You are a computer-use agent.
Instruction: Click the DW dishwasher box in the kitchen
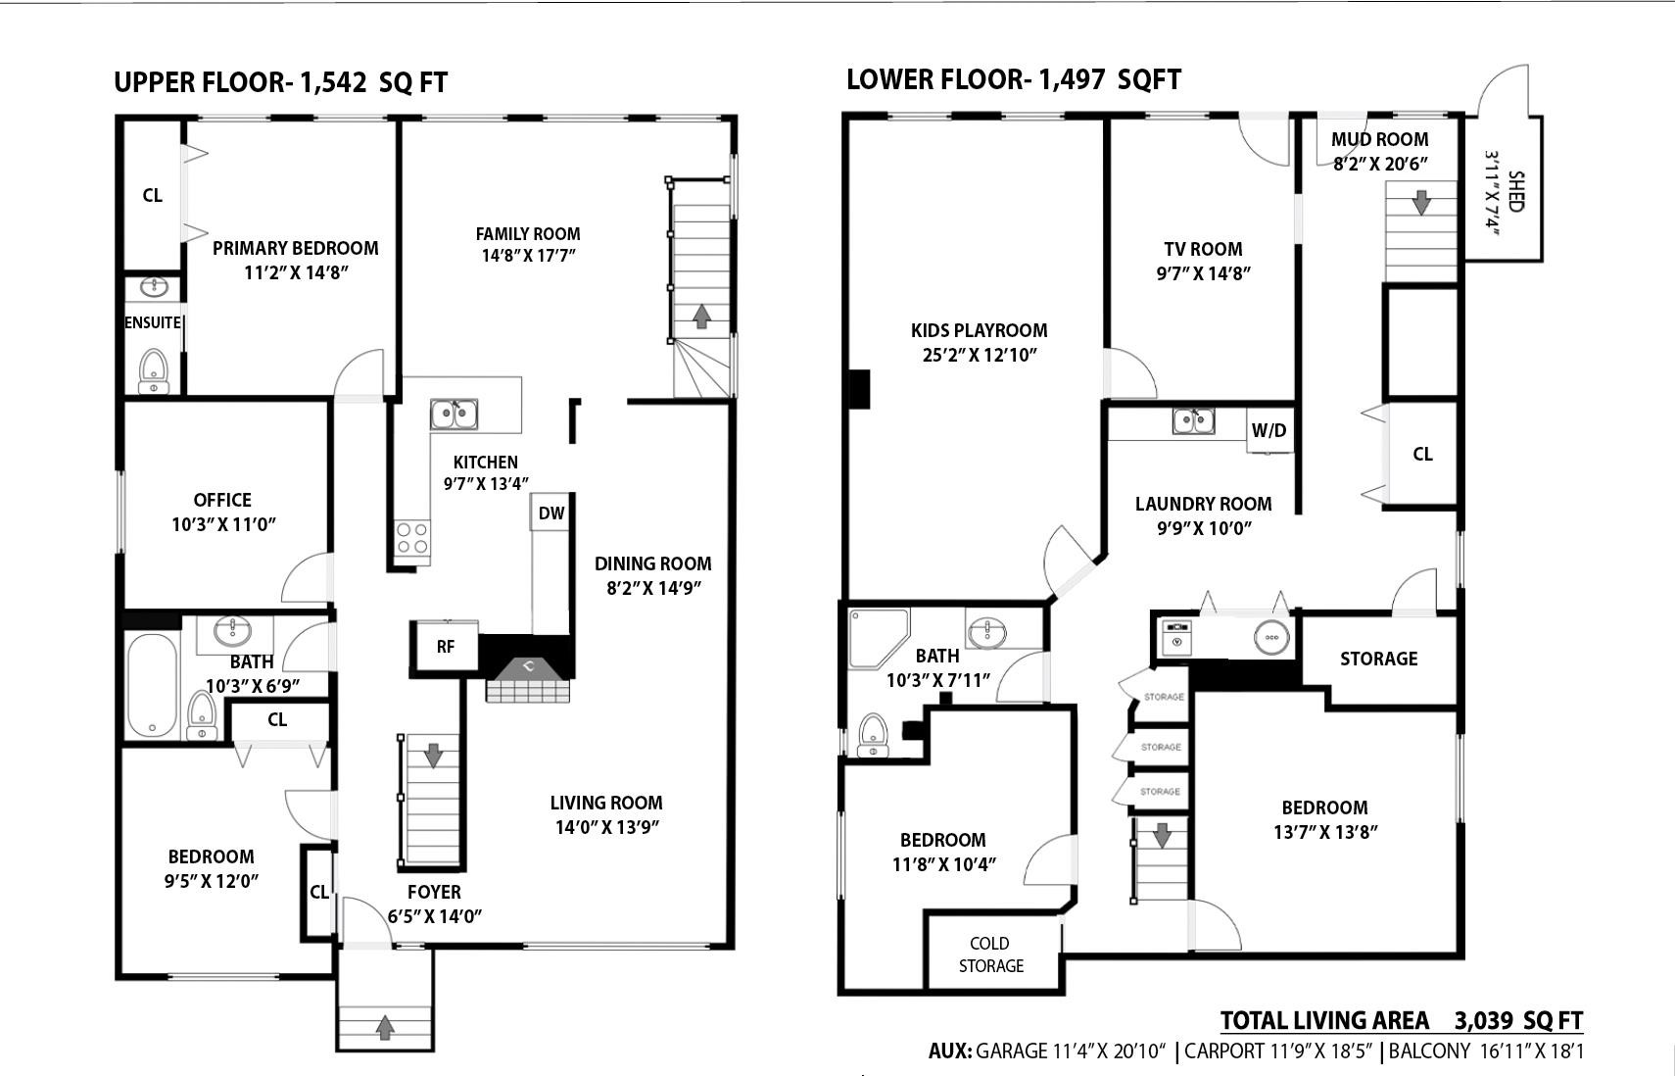[550, 513]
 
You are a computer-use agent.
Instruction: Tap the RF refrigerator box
[446, 646]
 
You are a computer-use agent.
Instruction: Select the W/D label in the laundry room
[1268, 430]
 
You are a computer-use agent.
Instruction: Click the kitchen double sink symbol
[454, 415]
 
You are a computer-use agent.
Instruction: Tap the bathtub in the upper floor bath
[152, 685]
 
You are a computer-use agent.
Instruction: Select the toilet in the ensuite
[154, 370]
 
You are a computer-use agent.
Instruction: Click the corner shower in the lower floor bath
[877, 636]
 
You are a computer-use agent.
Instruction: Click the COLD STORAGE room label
[990, 954]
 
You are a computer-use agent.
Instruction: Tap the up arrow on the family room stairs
[701, 317]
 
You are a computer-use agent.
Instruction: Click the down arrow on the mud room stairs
[1420, 203]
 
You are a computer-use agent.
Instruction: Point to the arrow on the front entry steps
[385, 1027]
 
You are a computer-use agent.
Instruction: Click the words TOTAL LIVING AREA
[1324, 1021]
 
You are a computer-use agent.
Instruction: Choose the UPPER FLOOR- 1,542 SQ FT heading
[280, 82]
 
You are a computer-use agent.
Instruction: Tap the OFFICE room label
[222, 500]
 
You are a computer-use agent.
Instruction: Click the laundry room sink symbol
[1193, 421]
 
